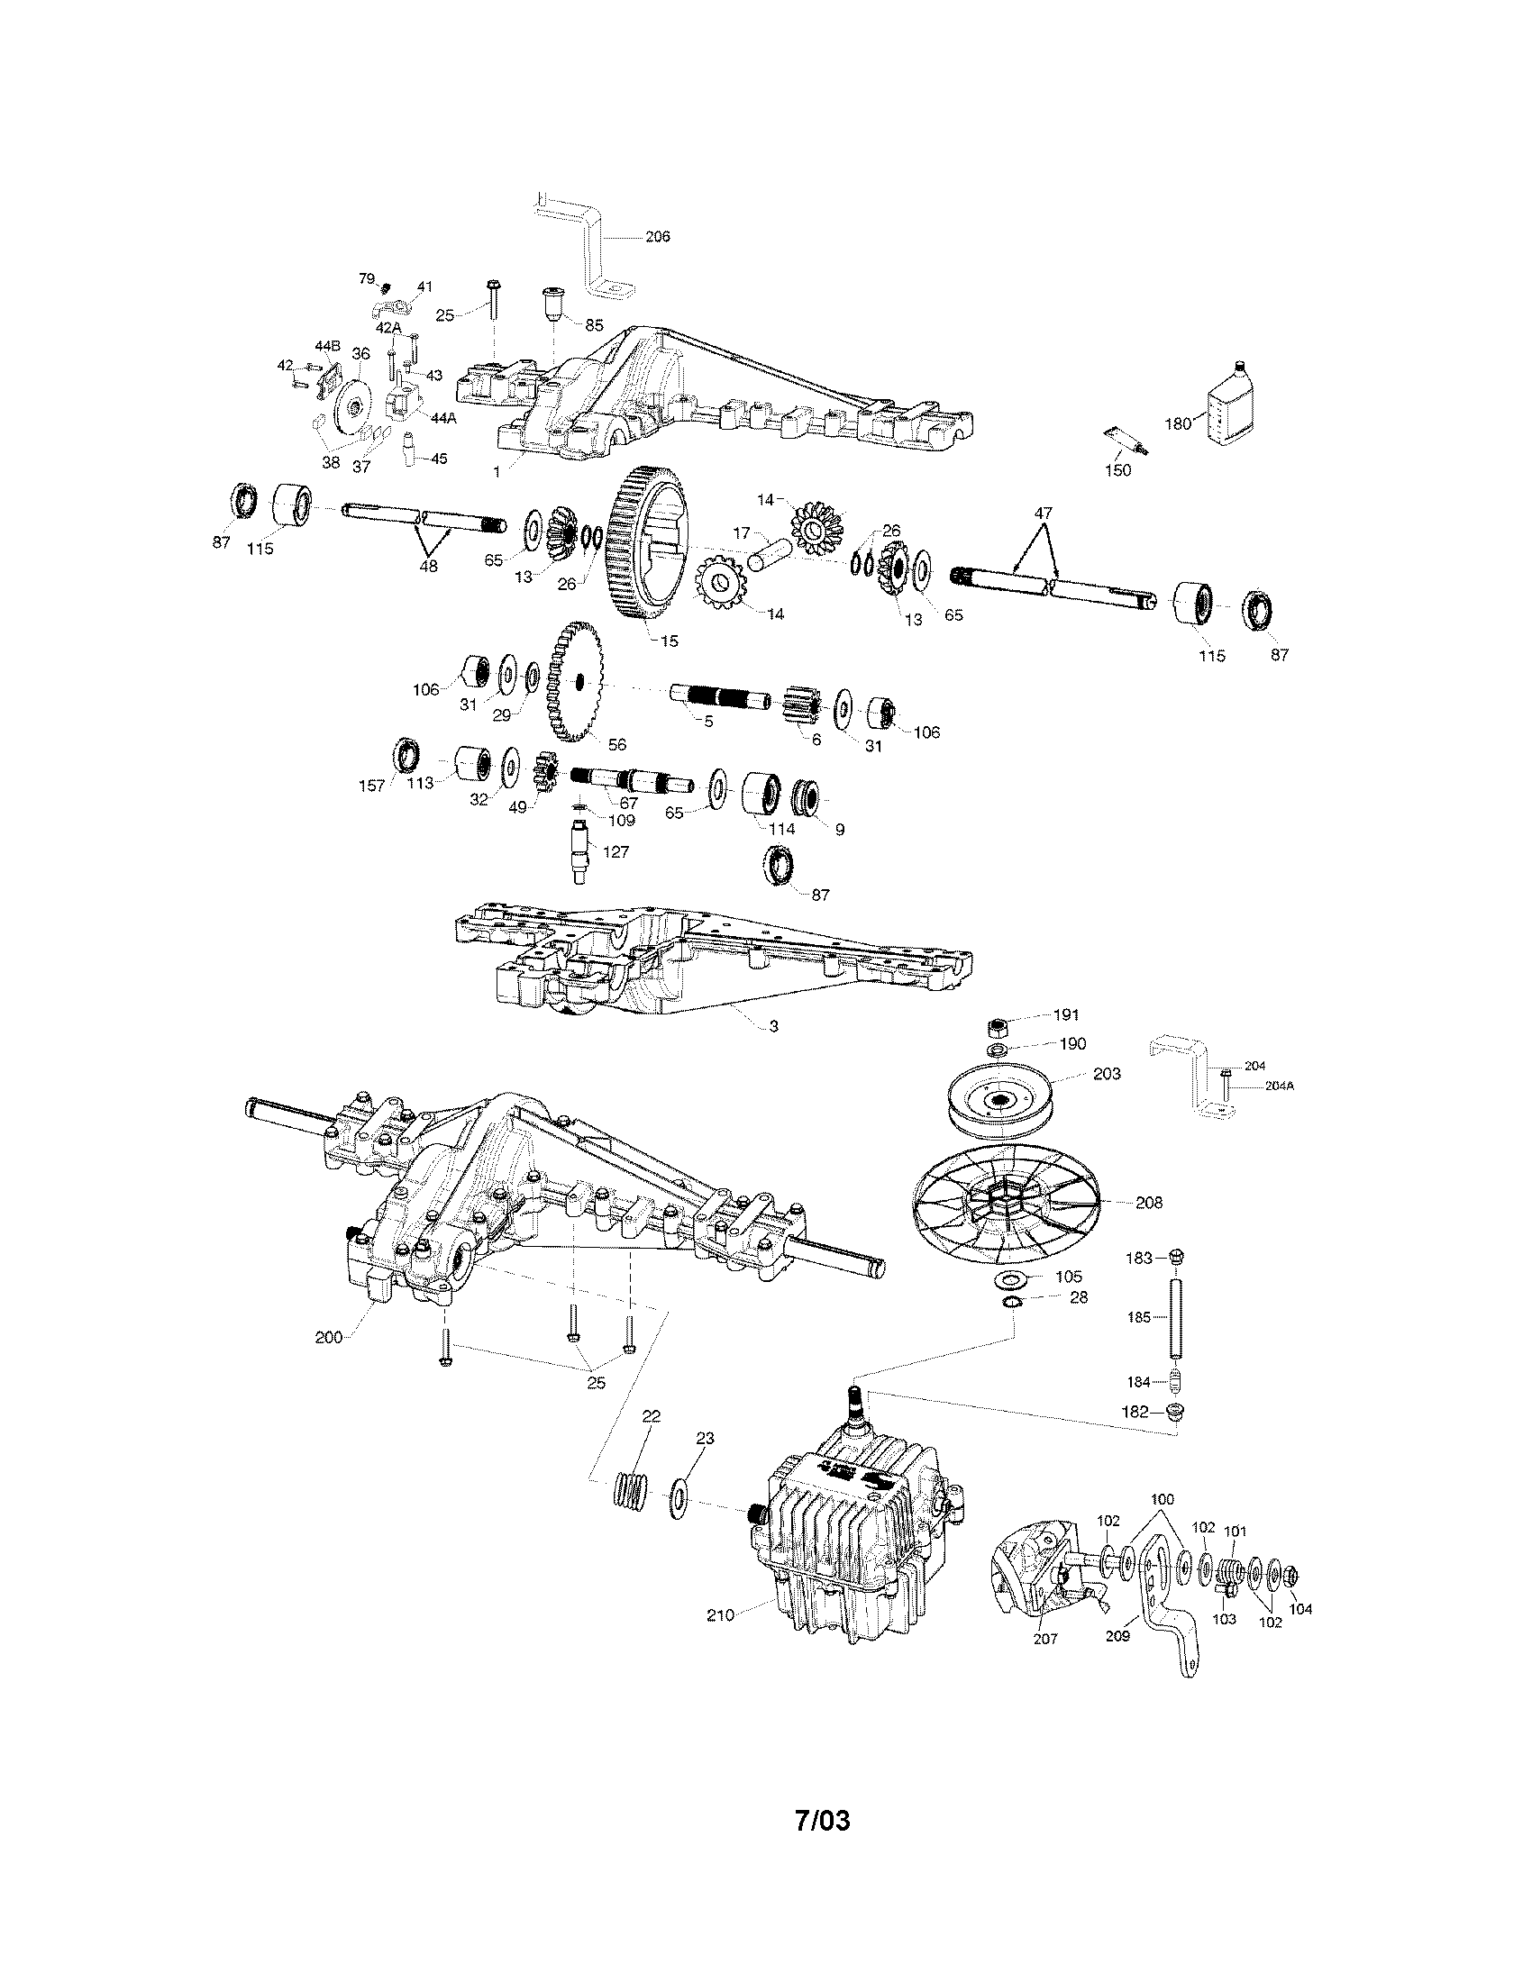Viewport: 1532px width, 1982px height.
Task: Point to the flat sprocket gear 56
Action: click(x=576, y=679)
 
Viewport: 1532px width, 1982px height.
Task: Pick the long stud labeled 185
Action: click(x=1177, y=1317)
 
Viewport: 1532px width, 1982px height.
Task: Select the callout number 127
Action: click(x=616, y=852)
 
